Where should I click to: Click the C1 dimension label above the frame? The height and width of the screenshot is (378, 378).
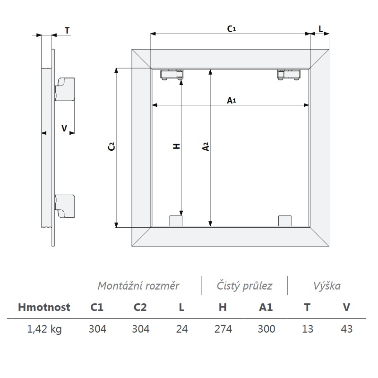coord(232,29)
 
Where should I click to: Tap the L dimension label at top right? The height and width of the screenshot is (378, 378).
coord(321,29)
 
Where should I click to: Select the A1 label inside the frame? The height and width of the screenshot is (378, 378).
coord(232,100)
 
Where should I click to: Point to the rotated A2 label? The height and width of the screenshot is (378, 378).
coord(206,146)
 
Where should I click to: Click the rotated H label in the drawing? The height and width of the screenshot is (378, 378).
coord(177,146)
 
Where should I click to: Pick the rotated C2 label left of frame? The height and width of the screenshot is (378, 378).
coord(112,146)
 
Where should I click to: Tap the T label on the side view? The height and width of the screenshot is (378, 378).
coord(67,31)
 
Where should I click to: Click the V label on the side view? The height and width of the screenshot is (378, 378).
coord(64,128)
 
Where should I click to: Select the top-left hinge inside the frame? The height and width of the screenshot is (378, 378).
coord(172,74)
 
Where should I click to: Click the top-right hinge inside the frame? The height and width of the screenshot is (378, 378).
coord(289,75)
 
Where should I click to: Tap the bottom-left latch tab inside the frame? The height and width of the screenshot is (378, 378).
coord(176,221)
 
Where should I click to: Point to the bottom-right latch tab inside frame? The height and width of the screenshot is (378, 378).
coord(285,221)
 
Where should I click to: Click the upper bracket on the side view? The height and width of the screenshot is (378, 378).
coord(65,89)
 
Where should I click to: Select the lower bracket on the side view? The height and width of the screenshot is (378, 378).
coord(65,206)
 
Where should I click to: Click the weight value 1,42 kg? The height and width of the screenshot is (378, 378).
coord(44,329)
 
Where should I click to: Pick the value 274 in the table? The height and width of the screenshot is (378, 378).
coord(223,329)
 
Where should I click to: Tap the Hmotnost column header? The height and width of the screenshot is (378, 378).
coord(44,308)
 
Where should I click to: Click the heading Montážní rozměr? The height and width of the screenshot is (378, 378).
coord(138,286)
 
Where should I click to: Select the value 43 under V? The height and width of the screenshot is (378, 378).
coord(347,329)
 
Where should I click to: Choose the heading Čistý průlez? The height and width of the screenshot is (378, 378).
coord(244,286)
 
